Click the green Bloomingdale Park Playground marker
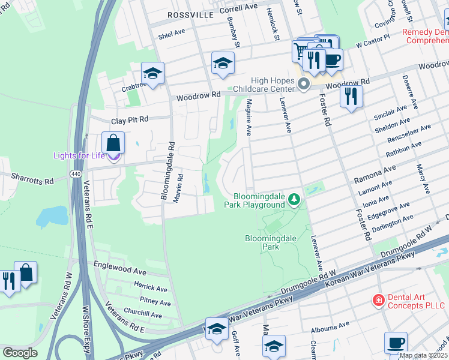294,199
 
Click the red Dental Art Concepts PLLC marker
378,299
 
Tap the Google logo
20,353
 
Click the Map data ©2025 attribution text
423,355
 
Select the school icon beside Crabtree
152,73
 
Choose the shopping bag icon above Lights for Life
113,143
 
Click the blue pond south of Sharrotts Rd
52,217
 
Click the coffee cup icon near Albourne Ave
396,342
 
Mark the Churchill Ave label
143,314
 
